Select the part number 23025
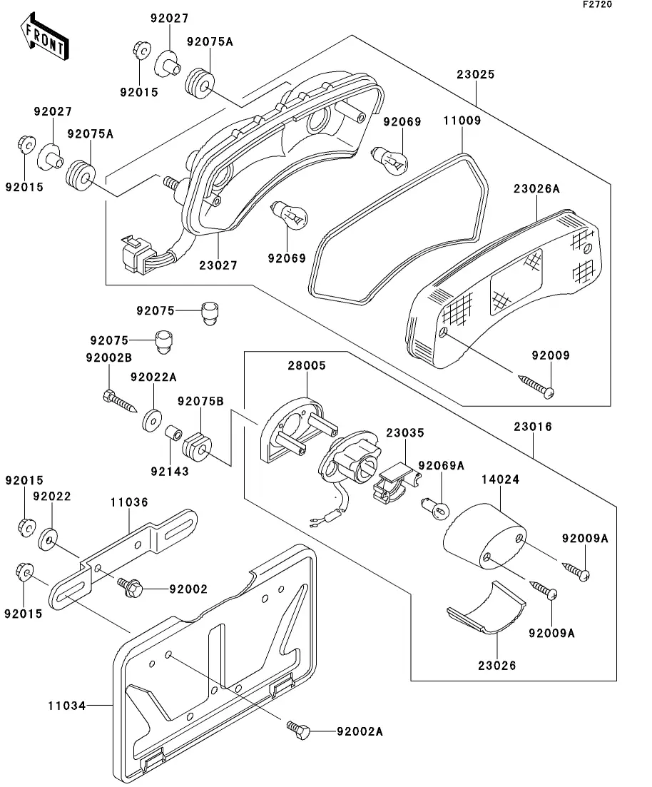point(477,74)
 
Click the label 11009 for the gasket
point(462,121)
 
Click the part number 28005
point(307,365)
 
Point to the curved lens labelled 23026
point(489,610)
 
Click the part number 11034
point(67,706)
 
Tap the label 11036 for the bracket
point(129,502)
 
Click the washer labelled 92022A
point(151,420)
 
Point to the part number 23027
point(218,265)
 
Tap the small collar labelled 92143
point(172,434)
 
